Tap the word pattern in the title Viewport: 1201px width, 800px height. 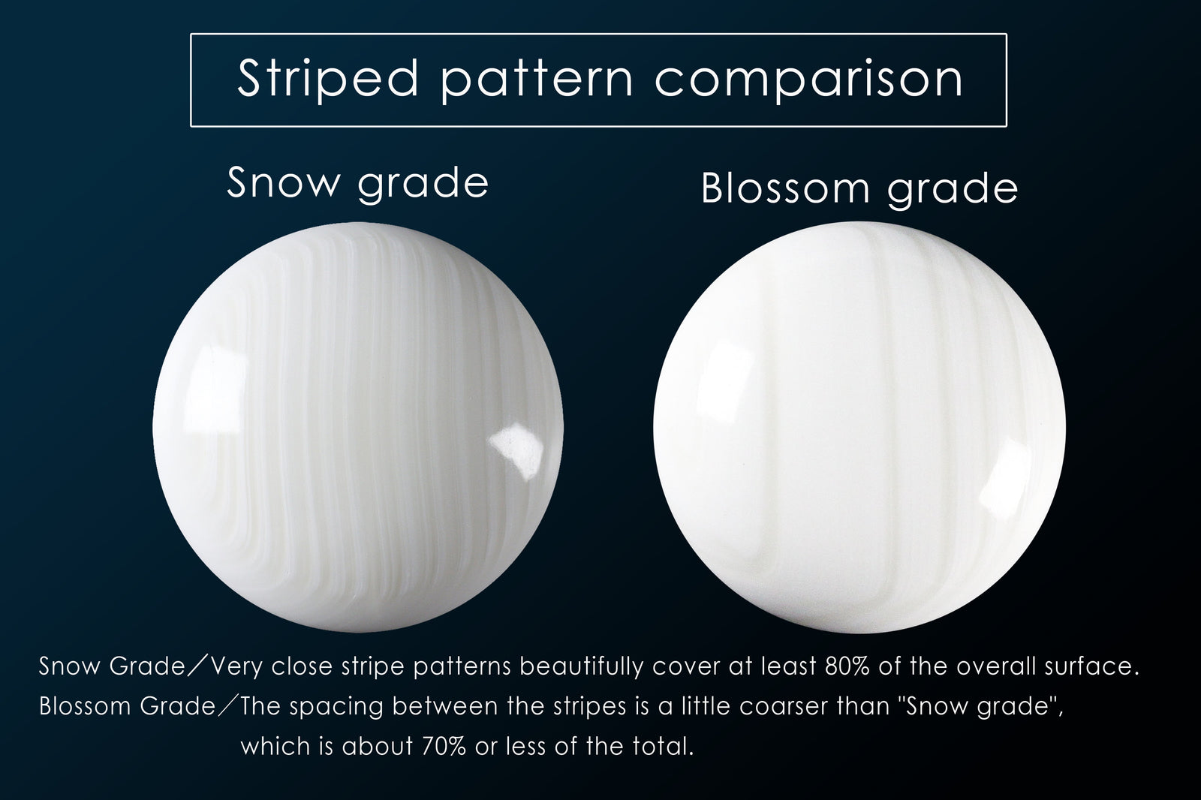pyautogui.click(x=537, y=80)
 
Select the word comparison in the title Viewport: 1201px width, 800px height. pyautogui.click(x=809, y=80)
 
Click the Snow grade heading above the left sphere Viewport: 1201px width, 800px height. pyautogui.click(x=358, y=184)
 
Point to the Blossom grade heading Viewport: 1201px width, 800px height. pyautogui.click(x=860, y=188)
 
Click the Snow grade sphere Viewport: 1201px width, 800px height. pyautogui.click(x=358, y=427)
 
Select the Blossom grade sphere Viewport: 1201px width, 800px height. pyautogui.click(x=859, y=427)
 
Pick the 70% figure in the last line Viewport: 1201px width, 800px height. pyautogui.click(x=444, y=746)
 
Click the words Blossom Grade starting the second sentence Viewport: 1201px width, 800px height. pyautogui.click(x=127, y=707)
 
